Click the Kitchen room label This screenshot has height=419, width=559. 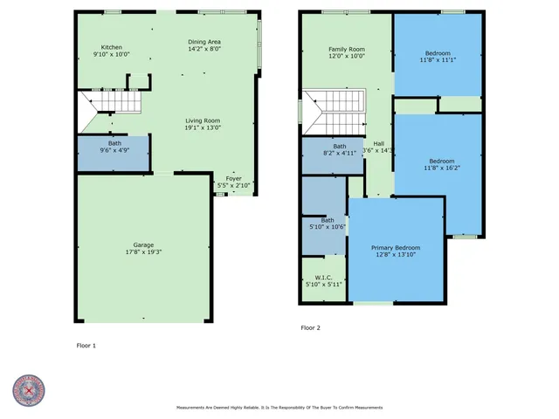coord(111,47)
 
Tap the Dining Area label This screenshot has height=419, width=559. coord(204,43)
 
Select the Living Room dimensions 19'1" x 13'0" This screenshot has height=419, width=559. coord(202,128)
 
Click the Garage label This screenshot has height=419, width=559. coord(143,244)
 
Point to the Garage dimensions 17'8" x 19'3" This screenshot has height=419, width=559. coord(143,252)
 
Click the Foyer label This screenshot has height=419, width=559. coord(233,178)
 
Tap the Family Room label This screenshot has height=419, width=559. coord(346,49)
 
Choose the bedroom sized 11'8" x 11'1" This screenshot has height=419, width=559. coord(438,56)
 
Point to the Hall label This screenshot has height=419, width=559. coord(379,144)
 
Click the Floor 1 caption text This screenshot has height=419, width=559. coord(86,346)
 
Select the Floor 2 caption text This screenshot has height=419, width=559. coord(311,328)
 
